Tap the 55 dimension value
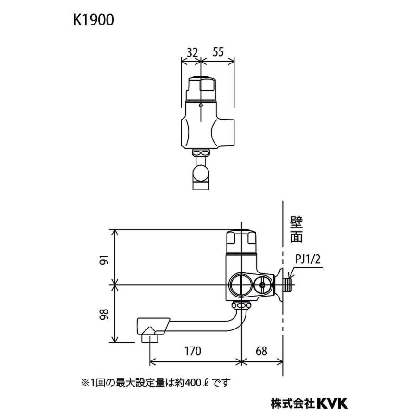(217, 52)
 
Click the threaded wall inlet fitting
(287, 284)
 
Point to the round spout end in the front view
(201, 173)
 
